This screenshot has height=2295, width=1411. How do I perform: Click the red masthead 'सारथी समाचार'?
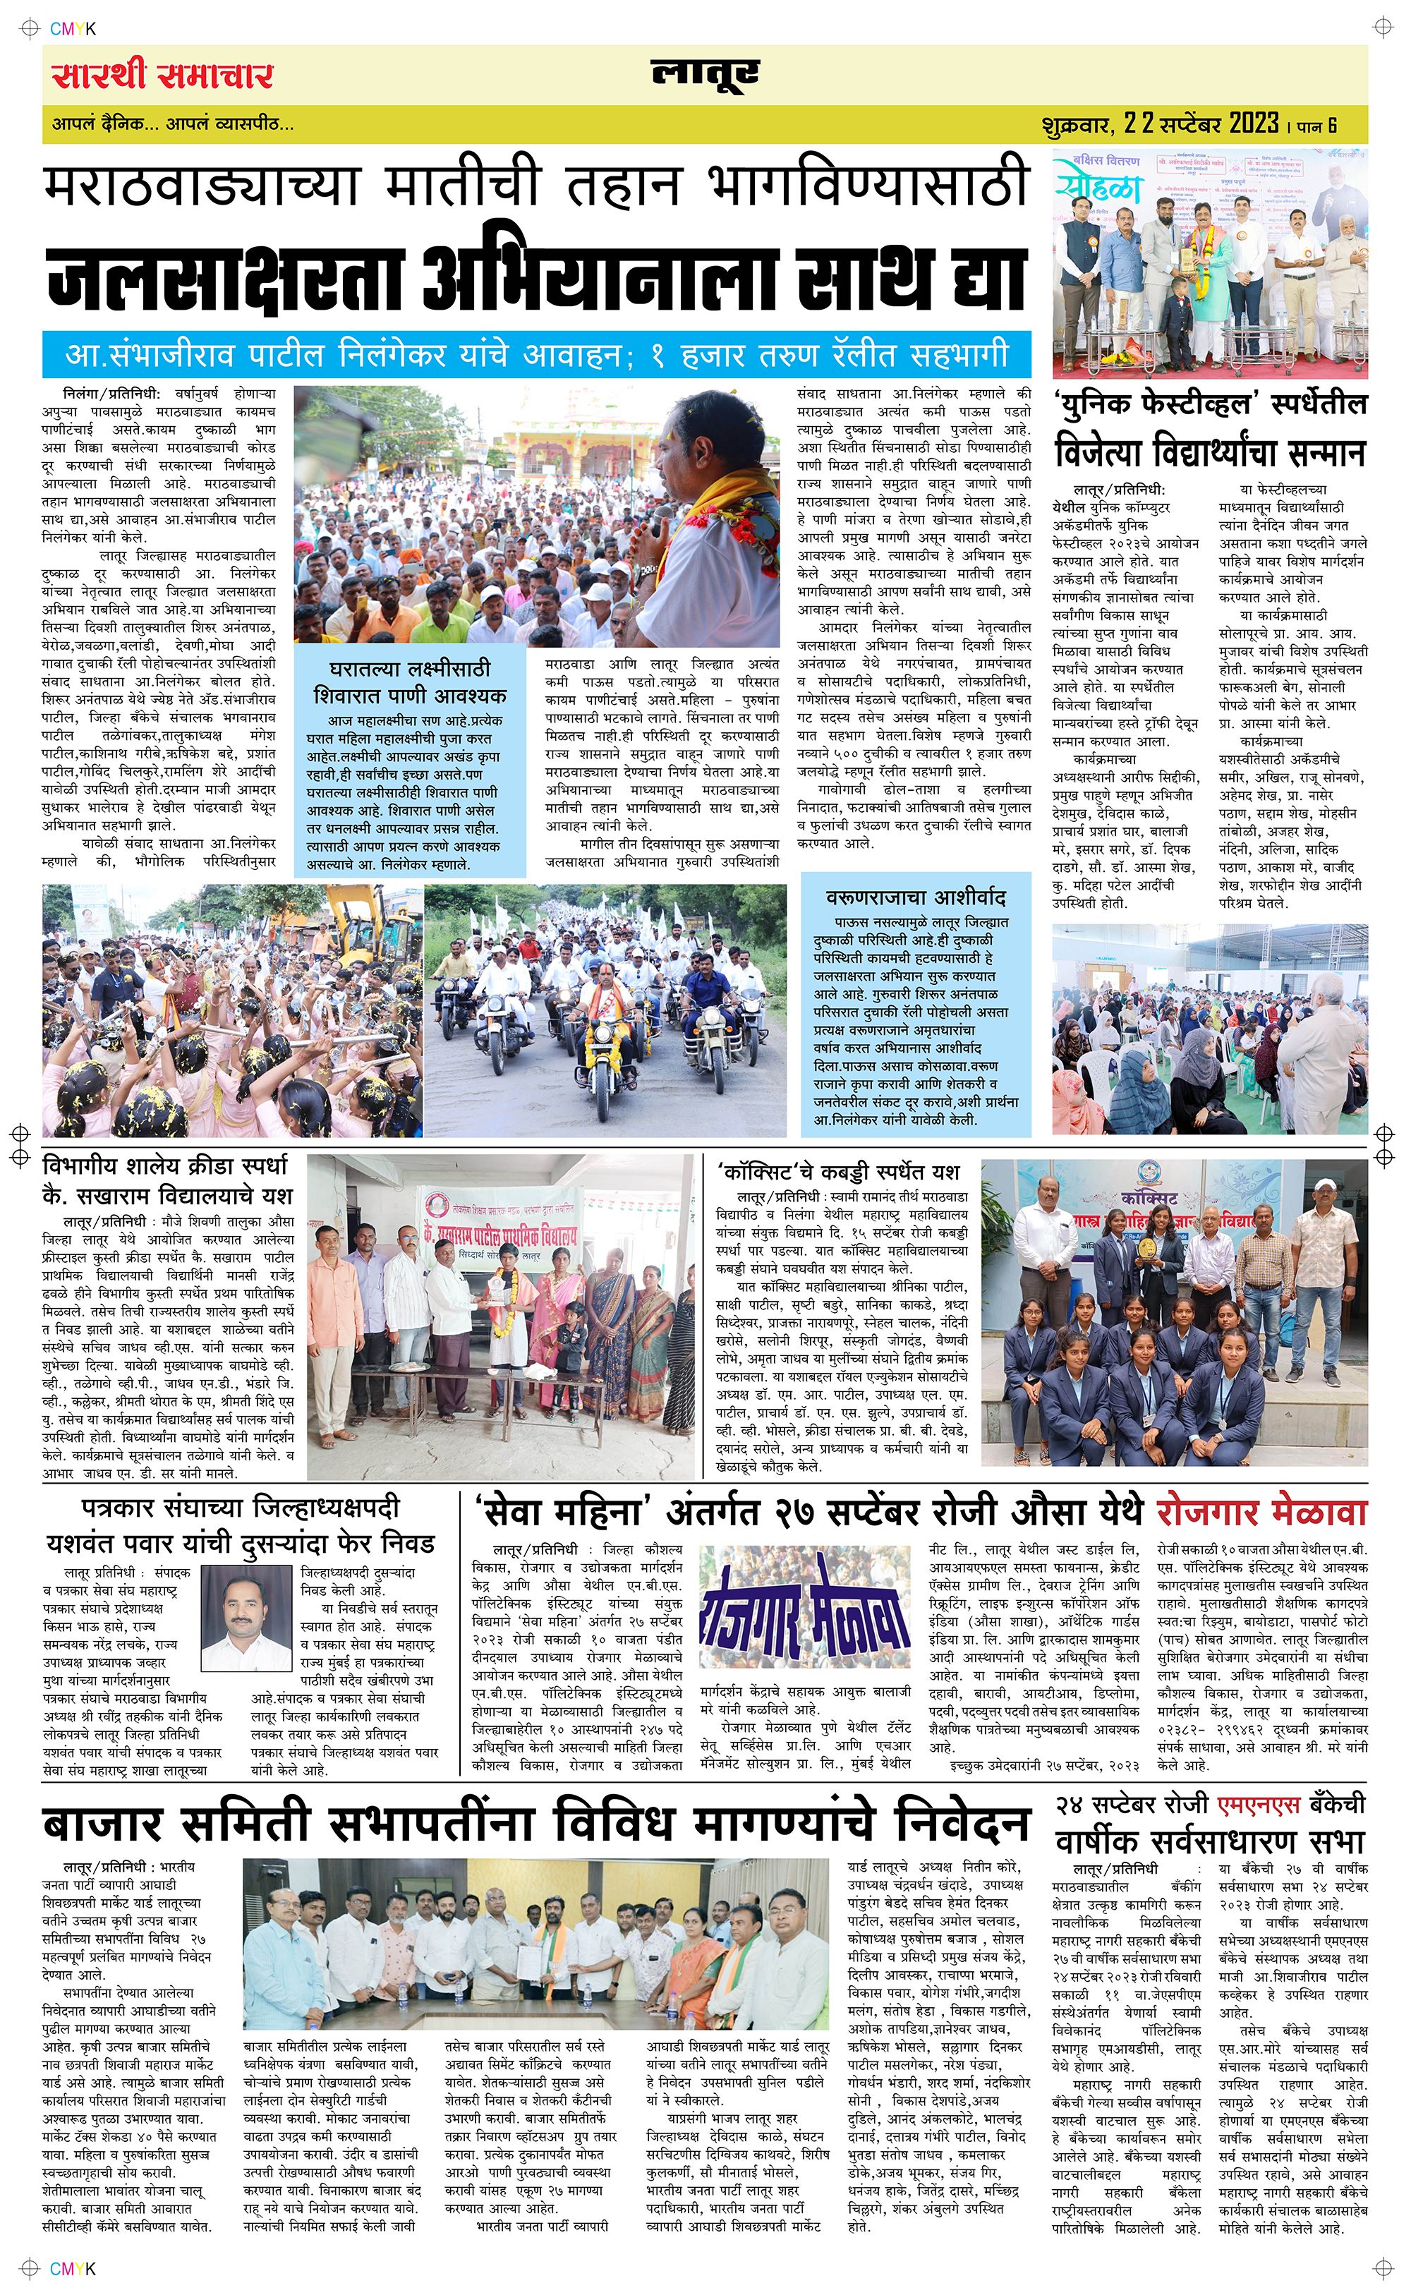tap(162, 75)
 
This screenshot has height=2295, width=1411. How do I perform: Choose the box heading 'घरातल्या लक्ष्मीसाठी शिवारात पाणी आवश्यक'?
tap(410, 682)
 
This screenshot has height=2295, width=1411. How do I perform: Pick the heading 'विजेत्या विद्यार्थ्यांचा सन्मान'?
tap(1209, 454)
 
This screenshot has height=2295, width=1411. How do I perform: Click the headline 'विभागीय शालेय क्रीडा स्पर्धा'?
tap(165, 1166)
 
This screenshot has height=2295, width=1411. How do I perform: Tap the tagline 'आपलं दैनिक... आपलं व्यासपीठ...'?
tap(173, 124)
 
